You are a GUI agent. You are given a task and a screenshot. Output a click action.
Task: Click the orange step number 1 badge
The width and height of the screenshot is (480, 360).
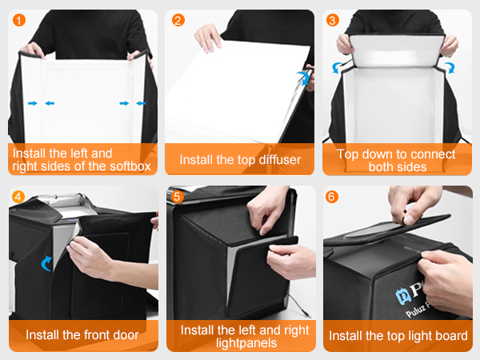[19, 20]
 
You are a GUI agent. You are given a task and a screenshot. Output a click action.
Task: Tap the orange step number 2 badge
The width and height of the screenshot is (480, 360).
[178, 20]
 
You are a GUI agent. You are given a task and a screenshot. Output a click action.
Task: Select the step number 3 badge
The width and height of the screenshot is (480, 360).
[334, 20]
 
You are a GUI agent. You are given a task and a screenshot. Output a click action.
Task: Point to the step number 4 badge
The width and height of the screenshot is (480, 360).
[19, 196]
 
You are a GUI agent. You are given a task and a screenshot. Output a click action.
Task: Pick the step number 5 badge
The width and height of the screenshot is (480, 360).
[178, 196]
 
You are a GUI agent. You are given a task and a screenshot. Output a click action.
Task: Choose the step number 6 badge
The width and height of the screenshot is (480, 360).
[334, 196]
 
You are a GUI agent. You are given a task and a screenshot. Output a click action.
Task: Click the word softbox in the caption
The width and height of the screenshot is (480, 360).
[127, 166]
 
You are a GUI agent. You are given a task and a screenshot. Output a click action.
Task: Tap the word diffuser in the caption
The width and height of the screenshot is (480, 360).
[274, 160]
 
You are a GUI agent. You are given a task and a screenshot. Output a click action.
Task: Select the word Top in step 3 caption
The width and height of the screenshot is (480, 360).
[349, 154]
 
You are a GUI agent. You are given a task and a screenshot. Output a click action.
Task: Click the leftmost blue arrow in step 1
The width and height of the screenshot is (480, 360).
[31, 103]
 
